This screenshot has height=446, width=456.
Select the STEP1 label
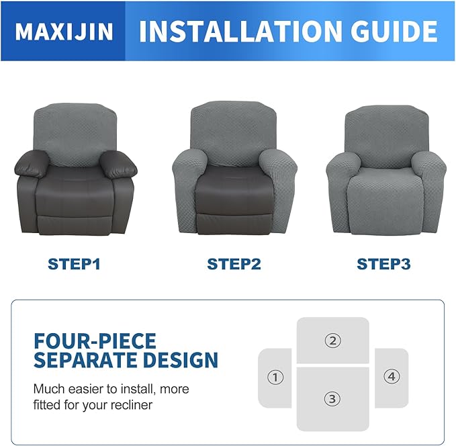(x=75, y=264)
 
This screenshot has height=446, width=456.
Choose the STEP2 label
(x=234, y=264)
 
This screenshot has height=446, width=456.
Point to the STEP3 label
(x=383, y=264)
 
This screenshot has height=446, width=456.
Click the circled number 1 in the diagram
(x=275, y=377)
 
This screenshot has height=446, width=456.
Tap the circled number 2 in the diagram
(x=332, y=341)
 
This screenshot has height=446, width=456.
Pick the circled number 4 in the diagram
(x=392, y=377)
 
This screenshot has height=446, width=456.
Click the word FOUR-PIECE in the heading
(x=95, y=340)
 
